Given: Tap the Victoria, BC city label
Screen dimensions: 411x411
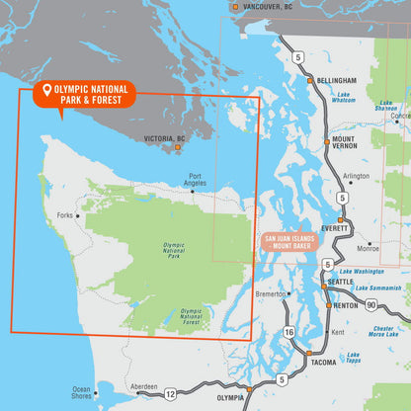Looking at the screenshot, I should pyautogui.click(x=164, y=139).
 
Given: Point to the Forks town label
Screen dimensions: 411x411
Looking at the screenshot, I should pyautogui.click(x=65, y=214).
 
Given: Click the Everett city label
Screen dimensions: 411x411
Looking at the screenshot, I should pyautogui.click(x=335, y=227).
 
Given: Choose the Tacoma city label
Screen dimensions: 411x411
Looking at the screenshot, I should pyautogui.click(x=323, y=363).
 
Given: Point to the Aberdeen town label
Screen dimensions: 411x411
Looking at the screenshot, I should pyautogui.click(x=143, y=386).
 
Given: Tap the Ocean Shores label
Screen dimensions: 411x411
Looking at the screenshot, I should pyautogui.click(x=81, y=392).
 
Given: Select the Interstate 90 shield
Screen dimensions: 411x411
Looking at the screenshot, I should pyautogui.click(x=370, y=306).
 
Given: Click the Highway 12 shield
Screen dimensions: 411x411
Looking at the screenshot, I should pyautogui.click(x=170, y=394).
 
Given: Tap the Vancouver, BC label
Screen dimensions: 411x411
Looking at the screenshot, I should pyautogui.click(x=268, y=7).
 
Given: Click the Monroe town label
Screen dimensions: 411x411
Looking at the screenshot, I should pyautogui.click(x=368, y=247).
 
